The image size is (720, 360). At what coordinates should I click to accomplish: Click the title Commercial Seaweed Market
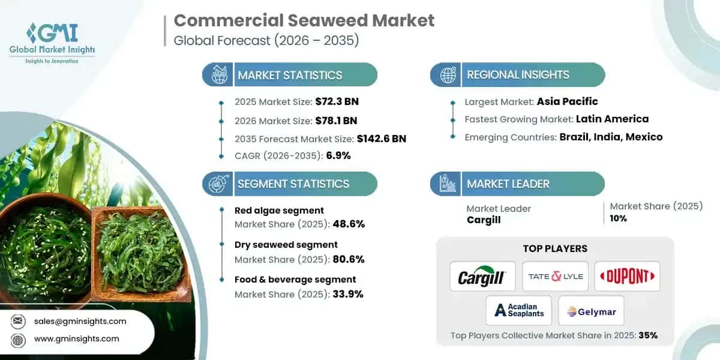(x=304, y=20)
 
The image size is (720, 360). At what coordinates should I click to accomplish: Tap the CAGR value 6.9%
(x=338, y=155)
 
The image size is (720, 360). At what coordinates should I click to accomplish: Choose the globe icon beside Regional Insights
(x=446, y=75)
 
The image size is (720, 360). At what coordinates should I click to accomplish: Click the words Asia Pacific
(x=567, y=101)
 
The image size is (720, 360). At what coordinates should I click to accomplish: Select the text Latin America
(x=612, y=119)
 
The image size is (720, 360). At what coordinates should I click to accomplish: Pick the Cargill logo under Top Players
(x=482, y=277)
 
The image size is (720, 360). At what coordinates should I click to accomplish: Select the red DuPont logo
(x=626, y=277)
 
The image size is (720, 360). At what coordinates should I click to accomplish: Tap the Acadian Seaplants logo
(x=519, y=310)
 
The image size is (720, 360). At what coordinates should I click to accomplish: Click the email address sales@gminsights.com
(x=80, y=321)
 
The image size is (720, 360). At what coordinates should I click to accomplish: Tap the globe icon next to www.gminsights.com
(x=19, y=338)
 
